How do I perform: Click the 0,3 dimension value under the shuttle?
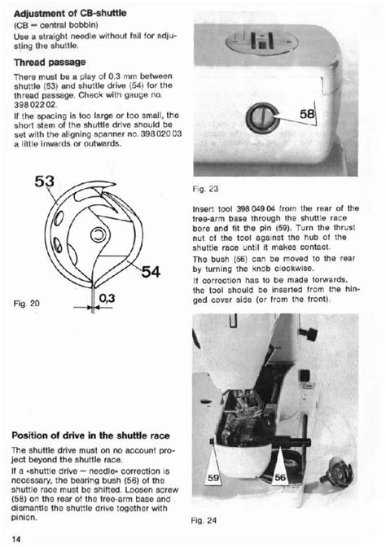coord(108,300)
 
